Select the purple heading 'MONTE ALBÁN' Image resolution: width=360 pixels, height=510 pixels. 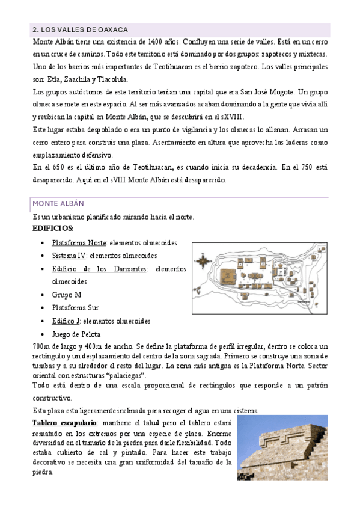pyautogui.click(x=58, y=204)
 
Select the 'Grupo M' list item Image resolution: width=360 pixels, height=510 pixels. pyautogui.click(x=67, y=295)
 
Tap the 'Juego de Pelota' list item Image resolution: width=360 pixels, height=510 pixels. pyautogui.click(x=76, y=334)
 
